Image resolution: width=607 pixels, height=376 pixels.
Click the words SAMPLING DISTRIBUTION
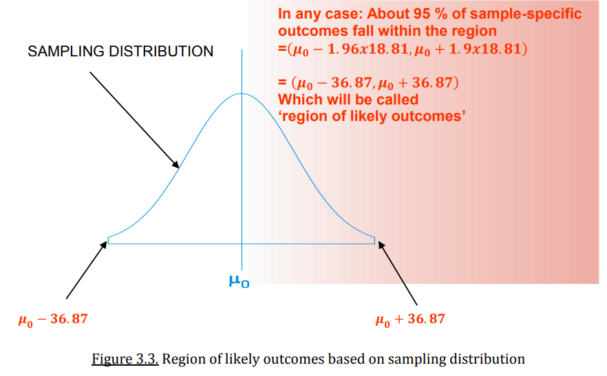(120, 52)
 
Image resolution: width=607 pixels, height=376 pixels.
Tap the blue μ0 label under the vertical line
(239, 281)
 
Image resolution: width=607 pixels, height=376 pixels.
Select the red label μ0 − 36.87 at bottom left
(53, 320)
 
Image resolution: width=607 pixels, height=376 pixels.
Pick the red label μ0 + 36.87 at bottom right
(410, 320)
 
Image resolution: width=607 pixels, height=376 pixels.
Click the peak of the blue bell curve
(242, 93)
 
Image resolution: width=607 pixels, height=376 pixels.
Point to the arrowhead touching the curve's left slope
(175, 164)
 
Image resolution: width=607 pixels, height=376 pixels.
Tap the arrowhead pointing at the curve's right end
(382, 245)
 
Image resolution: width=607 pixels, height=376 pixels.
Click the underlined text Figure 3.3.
(125, 359)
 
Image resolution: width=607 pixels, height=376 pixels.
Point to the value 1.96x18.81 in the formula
(368, 49)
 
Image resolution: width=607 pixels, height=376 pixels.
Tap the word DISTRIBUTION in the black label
(162, 52)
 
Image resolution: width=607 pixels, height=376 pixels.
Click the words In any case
(321, 14)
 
